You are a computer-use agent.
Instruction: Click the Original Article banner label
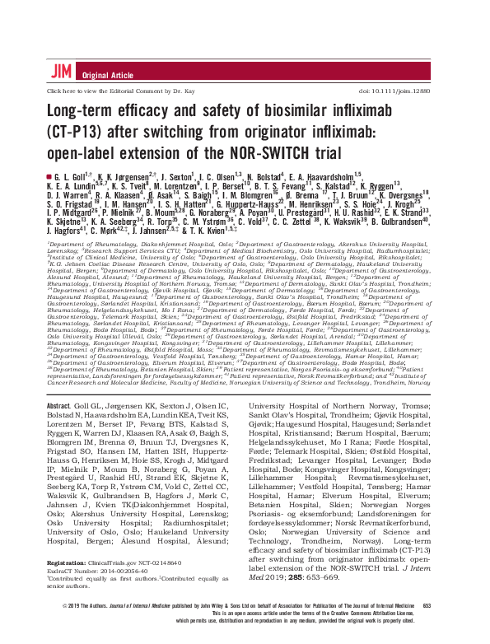tap(100, 74)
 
